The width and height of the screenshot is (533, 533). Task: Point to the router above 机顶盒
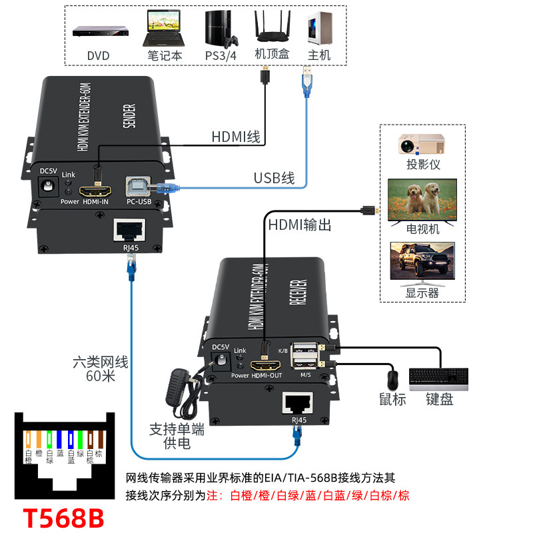(270, 28)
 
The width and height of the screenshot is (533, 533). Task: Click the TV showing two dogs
(423, 199)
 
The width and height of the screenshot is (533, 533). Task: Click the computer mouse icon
(392, 379)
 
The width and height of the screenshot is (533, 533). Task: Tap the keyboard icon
(438, 378)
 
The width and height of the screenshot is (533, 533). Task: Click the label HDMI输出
(299, 225)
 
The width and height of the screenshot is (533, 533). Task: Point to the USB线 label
(273, 178)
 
